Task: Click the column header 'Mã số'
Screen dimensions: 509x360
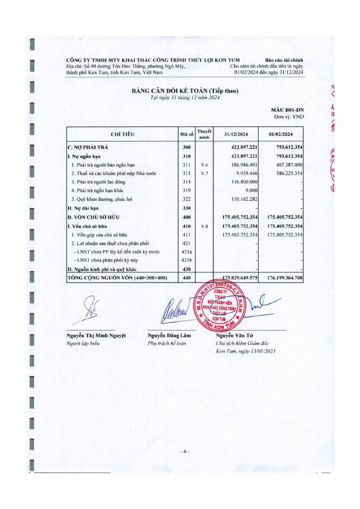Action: pyautogui.click(x=187, y=134)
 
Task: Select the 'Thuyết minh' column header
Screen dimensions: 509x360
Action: pyautogui.click(x=204, y=134)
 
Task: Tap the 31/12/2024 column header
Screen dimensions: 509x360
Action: pyautogui.click(x=236, y=134)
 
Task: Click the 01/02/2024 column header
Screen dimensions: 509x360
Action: pyautogui.click(x=281, y=134)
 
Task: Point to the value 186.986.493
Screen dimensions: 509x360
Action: pyautogui.click(x=241, y=165)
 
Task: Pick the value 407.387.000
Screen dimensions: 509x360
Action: pyautogui.click(x=286, y=165)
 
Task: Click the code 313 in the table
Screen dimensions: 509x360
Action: pyautogui.click(x=187, y=173)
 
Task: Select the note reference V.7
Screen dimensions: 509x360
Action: pyautogui.click(x=204, y=173)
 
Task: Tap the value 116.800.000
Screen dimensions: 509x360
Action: pyautogui.click(x=241, y=182)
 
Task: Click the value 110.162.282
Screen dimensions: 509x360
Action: pyautogui.click(x=241, y=199)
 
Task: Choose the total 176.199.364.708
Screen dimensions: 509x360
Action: pyautogui.click(x=285, y=278)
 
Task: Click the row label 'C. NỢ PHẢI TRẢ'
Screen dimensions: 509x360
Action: pyautogui.click(x=89, y=147)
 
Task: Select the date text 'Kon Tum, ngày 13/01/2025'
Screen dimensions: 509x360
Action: pyautogui.click(x=245, y=351)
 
